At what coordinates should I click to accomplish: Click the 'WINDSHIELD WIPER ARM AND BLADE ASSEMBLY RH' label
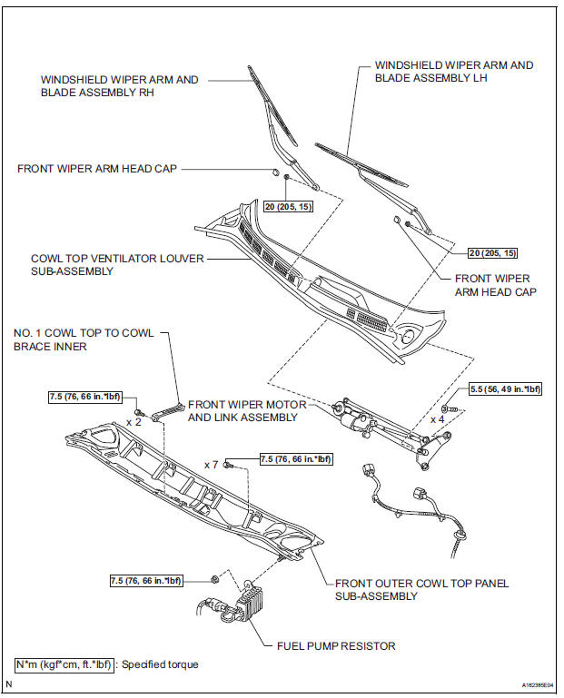pyautogui.click(x=119, y=86)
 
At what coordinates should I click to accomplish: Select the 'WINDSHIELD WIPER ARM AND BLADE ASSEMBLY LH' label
pyautogui.click(x=454, y=73)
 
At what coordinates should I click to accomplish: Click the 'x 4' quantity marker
pyautogui.click(x=438, y=419)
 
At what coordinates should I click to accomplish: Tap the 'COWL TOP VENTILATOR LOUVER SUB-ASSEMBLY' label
pyautogui.click(x=117, y=264)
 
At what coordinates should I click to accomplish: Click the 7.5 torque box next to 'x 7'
pyautogui.click(x=296, y=459)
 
